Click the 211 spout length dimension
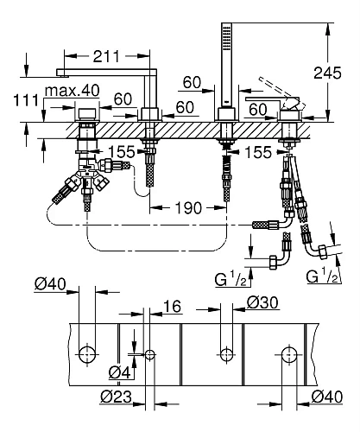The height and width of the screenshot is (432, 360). click(x=106, y=56)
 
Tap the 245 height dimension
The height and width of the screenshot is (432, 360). click(x=327, y=73)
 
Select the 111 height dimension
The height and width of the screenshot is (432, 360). click(x=26, y=100)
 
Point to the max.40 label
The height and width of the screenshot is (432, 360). click(x=73, y=91)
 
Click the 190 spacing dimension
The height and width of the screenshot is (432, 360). click(x=188, y=207)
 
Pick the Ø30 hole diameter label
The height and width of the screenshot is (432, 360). click(x=262, y=302)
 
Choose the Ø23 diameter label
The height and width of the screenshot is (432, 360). click(x=117, y=397)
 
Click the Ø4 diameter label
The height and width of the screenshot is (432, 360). click(x=119, y=373)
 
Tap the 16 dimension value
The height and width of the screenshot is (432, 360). click(x=173, y=306)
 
